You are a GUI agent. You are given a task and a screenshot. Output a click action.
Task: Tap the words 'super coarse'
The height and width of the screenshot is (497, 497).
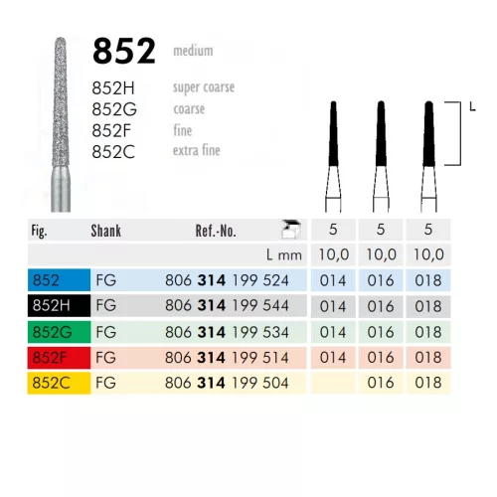tap(203, 86)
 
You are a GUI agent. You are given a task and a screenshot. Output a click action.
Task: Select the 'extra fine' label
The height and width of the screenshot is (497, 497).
tap(196, 151)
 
